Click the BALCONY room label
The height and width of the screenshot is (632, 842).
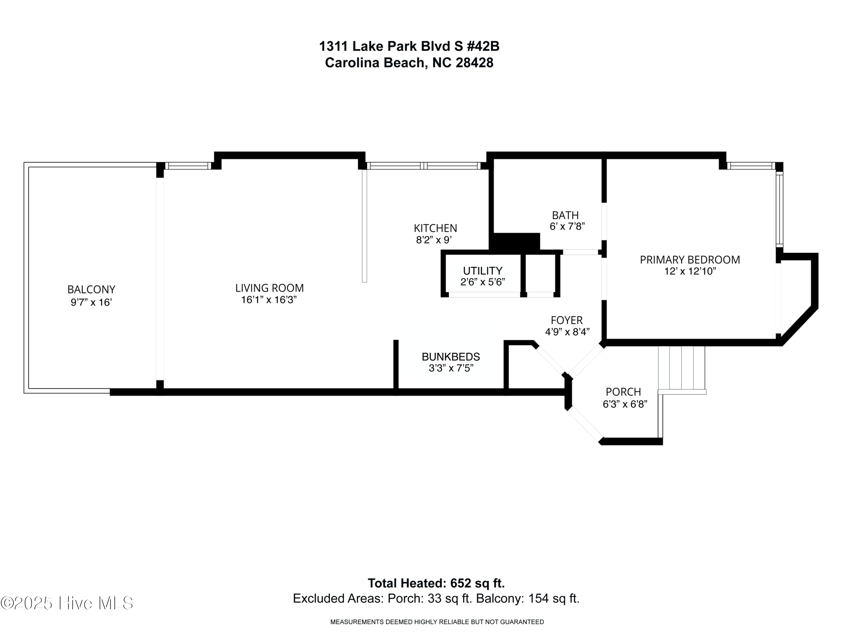(x=91, y=290)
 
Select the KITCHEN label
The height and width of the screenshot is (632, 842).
(x=436, y=228)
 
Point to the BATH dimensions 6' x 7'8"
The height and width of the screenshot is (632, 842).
(x=567, y=227)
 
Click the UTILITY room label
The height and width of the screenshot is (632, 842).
(x=482, y=271)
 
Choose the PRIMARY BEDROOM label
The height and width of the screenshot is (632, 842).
(x=690, y=260)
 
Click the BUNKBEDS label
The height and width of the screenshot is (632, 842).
(x=451, y=357)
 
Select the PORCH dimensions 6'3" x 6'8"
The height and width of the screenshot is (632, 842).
(x=625, y=404)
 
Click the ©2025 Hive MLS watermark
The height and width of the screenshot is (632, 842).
(x=67, y=603)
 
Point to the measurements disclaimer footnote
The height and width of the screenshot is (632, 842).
(x=437, y=622)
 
